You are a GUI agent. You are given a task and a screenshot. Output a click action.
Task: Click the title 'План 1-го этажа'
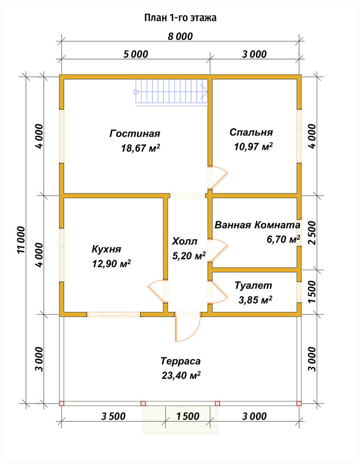click(180, 18)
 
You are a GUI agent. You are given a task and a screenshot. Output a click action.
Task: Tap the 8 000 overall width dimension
click(180, 36)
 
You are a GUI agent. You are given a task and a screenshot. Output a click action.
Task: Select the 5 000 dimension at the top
click(136, 54)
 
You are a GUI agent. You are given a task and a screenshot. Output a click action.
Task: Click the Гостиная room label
click(135, 133)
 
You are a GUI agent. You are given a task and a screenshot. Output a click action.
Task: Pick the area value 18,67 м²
click(140, 148)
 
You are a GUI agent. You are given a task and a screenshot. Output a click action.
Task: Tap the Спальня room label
click(251, 132)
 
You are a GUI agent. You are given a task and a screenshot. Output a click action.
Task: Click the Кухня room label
click(107, 249)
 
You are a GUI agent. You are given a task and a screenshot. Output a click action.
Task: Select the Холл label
click(185, 241)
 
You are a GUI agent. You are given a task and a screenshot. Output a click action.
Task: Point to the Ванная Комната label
click(257, 225)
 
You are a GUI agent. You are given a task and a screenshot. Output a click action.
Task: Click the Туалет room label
click(253, 286)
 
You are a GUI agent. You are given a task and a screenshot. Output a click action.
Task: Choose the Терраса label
click(180, 361)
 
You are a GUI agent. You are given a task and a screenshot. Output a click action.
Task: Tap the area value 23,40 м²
click(181, 375)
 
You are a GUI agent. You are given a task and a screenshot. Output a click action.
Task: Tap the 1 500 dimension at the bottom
click(188, 416)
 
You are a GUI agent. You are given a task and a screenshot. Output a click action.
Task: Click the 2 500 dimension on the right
click(312, 232)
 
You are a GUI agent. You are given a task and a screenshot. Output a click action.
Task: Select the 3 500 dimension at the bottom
click(113, 416)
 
